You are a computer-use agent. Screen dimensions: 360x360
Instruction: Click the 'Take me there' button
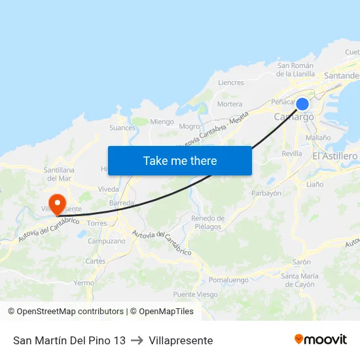pos(180,160)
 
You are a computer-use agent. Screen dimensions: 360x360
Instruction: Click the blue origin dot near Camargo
pos(302,104)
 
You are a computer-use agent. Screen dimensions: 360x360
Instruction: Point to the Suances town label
pos(123,128)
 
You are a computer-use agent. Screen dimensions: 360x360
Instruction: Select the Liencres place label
pos(230,83)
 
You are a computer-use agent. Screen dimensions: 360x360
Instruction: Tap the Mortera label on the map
pos(229,104)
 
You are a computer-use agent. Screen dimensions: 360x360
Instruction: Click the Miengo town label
pos(162,122)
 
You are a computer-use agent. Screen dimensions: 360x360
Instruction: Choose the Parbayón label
pos(266,193)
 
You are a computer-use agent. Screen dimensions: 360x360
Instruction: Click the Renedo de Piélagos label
pos(207,223)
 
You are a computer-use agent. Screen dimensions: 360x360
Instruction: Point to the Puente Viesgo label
pos(196,295)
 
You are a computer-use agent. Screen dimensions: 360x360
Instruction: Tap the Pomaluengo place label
pos(228,280)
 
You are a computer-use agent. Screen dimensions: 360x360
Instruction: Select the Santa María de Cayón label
pos(299,280)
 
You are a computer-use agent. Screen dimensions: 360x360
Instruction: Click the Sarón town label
pos(301,262)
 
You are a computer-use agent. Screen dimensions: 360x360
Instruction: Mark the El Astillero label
pos(334,156)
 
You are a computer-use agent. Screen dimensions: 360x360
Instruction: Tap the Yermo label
pos(84,283)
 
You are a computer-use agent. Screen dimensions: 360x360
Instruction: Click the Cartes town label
pos(95,261)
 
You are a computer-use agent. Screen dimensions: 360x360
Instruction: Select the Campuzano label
pos(106,241)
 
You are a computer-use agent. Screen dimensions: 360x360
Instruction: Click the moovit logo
pos(320,340)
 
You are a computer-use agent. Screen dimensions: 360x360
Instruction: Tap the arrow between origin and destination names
pos(137,340)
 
